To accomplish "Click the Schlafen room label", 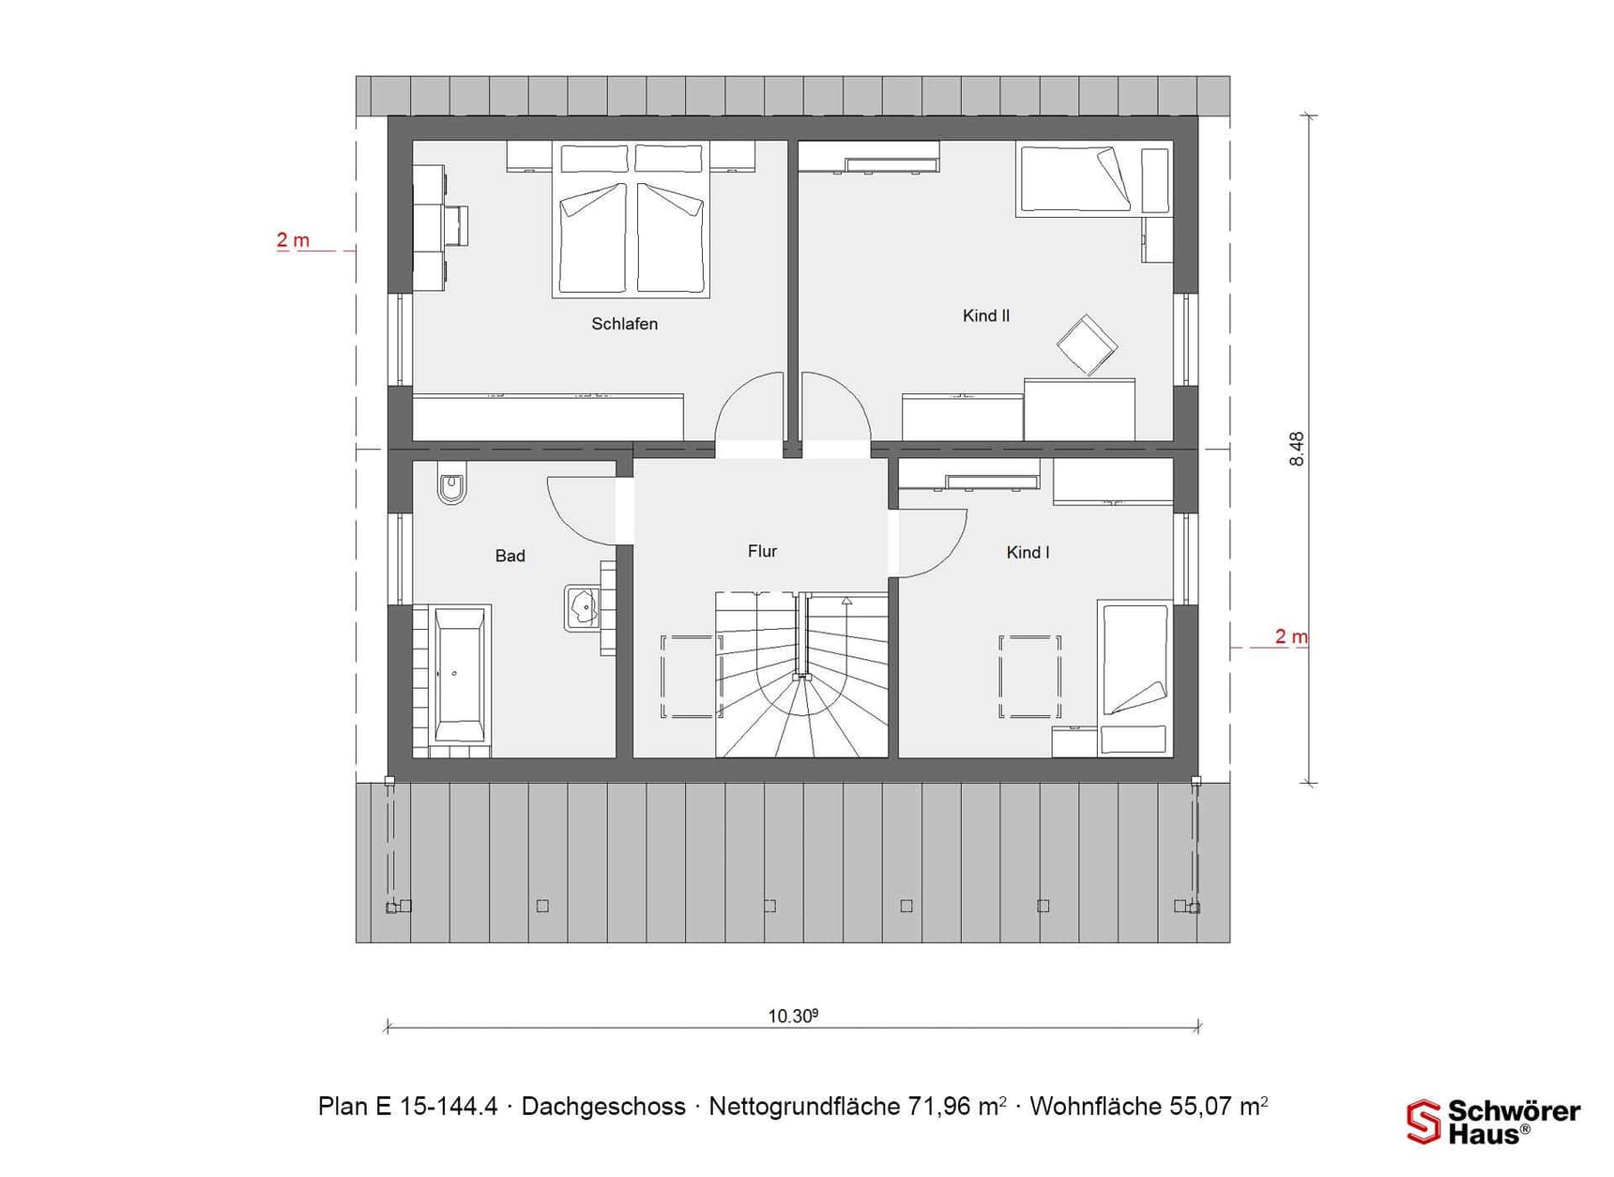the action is point(624,324).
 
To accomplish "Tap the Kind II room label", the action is point(985,316).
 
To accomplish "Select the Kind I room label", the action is point(1028,553).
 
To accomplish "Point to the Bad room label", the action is point(510,556).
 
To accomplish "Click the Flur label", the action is point(762,551).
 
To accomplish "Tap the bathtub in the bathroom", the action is point(460,675).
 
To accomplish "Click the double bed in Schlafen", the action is point(630,220).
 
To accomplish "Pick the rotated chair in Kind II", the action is point(1087,344).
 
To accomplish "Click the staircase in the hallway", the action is point(801,674).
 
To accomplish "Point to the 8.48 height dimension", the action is point(1297,449).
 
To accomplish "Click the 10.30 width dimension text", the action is point(793,1016).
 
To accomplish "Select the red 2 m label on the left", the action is point(293,240).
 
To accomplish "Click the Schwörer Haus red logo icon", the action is point(1424,1122).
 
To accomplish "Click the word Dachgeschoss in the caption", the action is point(603,1107).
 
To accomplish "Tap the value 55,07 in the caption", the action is point(1200,1107).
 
